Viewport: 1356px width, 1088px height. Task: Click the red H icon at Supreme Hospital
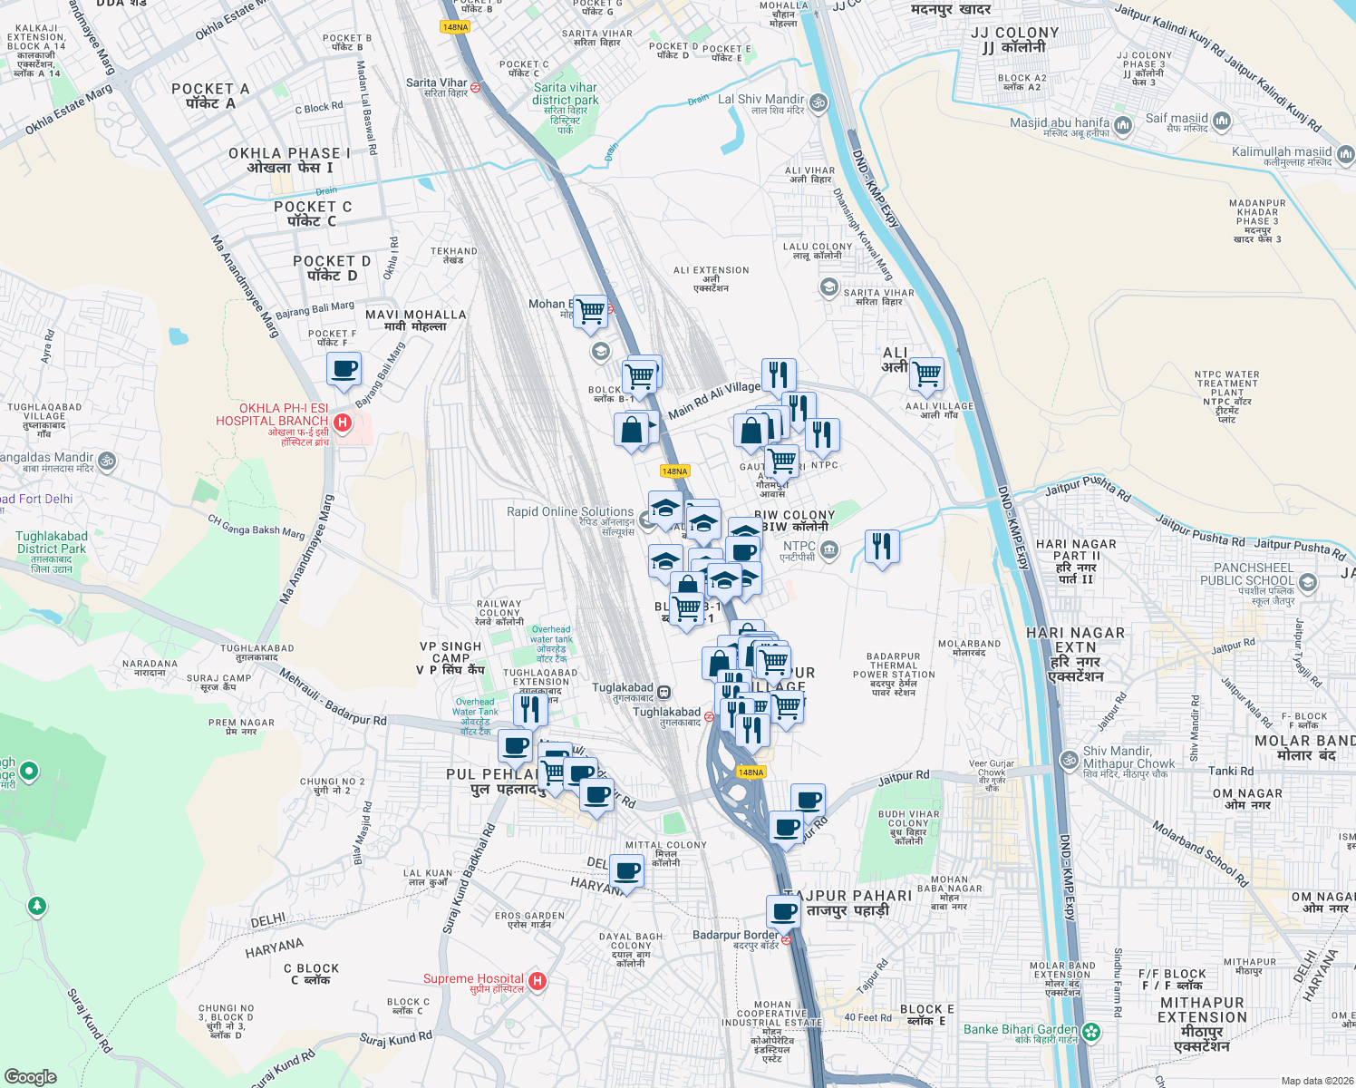(x=538, y=981)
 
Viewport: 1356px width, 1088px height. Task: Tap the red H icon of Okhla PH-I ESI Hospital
(x=343, y=422)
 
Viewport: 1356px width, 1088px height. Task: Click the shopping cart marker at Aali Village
(x=926, y=373)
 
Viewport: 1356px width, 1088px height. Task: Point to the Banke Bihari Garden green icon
(x=1091, y=1031)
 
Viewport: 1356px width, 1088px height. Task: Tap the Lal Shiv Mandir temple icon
(x=818, y=102)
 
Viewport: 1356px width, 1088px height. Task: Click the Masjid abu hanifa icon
(x=1123, y=124)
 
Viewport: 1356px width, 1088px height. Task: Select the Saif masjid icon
(x=1221, y=121)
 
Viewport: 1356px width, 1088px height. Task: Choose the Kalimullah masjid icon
(x=1345, y=155)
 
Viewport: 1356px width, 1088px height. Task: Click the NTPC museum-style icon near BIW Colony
(x=828, y=549)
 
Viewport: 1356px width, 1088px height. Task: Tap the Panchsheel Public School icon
(x=1307, y=582)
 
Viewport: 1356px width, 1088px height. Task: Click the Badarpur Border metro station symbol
(x=786, y=940)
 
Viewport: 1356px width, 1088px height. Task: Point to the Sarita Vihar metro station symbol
(x=475, y=88)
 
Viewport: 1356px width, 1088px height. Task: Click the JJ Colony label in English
(x=1014, y=33)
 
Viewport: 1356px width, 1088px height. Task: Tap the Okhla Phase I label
(x=289, y=154)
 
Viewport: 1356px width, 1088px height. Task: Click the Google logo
(x=30, y=1076)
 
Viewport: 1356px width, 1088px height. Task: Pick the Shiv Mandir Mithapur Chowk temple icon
(x=1070, y=758)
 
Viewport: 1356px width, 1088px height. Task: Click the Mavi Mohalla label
(x=416, y=315)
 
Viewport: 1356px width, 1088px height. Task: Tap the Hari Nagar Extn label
(x=1075, y=640)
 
